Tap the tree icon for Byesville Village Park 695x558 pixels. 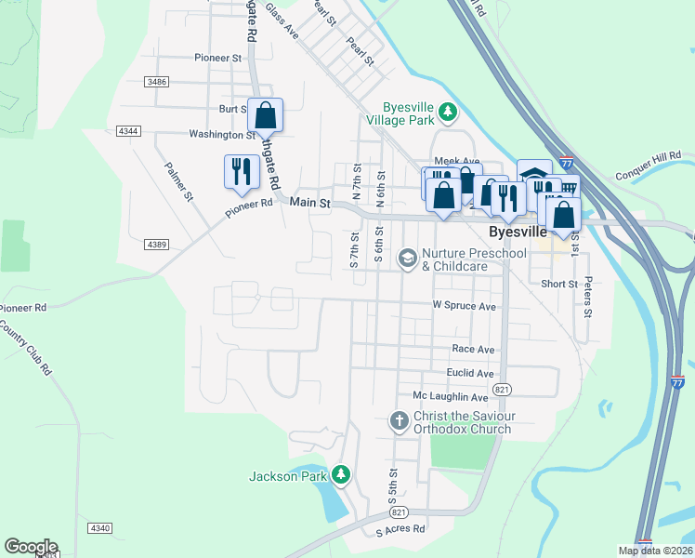(x=449, y=112)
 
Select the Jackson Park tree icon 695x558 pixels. (x=341, y=475)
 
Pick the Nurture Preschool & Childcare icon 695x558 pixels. (x=407, y=257)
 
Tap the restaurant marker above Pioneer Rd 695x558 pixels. (x=242, y=173)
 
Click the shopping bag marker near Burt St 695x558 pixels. (x=266, y=116)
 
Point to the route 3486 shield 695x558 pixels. (x=157, y=83)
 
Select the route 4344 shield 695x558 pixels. (x=129, y=131)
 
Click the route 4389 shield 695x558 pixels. (x=157, y=245)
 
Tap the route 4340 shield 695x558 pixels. (x=100, y=528)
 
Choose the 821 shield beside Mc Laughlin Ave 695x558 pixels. (x=502, y=388)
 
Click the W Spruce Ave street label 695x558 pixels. (x=465, y=306)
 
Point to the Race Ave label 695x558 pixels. (x=473, y=349)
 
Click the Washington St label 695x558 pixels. (x=222, y=135)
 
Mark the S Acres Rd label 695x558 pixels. (x=400, y=529)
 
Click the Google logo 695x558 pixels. (x=31, y=547)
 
